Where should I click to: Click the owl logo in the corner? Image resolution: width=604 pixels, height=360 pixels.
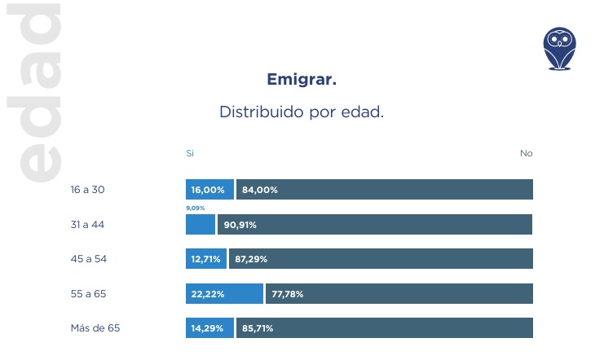coord(560,48)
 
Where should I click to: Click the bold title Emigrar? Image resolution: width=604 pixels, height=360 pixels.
coord(302,80)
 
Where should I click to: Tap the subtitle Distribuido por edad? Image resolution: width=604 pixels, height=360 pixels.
coord(302,112)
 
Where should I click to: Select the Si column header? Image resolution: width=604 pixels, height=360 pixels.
coord(190,153)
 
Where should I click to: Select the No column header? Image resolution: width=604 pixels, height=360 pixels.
coord(526,153)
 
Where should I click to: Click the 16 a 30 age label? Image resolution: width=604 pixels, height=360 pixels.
coord(88,190)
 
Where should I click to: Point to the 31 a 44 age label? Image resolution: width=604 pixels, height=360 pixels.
coord(88,224)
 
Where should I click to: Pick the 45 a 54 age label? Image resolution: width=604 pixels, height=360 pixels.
coord(89,259)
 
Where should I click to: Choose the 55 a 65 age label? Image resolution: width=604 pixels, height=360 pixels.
coord(89,293)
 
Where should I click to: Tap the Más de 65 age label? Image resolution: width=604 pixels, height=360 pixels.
coord(95,328)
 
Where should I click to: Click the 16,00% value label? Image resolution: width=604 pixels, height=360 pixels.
coord(208,190)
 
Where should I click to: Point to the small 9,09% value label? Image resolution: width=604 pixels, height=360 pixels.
coord(196,209)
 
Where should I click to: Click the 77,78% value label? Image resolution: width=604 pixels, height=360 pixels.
coord(287,294)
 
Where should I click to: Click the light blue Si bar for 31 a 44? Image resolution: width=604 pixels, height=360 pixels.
coord(201,225)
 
